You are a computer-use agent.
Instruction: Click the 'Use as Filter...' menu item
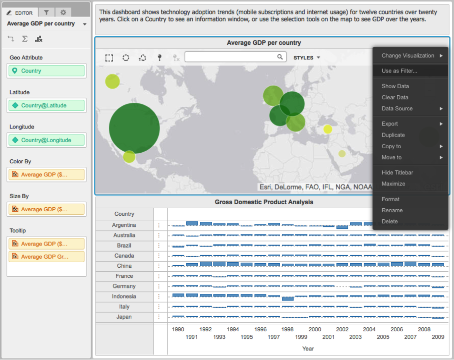tap(400, 71)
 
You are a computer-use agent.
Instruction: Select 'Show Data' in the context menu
tap(395, 86)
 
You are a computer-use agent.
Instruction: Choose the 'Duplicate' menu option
tap(393, 135)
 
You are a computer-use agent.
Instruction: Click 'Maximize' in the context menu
tap(393, 184)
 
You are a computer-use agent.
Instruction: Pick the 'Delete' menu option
tap(390, 221)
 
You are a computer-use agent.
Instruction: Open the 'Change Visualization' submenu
tap(408, 56)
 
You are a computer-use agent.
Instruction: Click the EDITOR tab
tap(20, 12)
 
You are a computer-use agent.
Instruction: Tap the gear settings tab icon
tap(63, 12)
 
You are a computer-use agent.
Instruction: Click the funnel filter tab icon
tap(46, 12)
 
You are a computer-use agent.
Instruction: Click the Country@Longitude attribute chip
tap(46, 140)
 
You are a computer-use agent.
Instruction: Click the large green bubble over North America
tap(134, 128)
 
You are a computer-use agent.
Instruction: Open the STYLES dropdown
tap(307, 58)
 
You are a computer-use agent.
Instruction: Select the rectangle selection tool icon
tap(109, 58)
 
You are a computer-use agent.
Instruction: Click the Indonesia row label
tap(124, 296)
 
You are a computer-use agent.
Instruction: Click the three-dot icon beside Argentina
tap(159, 225)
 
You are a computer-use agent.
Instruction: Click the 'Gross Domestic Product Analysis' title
tap(264, 202)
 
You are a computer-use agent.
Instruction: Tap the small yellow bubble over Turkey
tap(328, 129)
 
